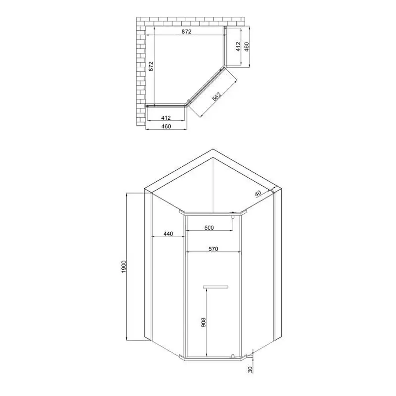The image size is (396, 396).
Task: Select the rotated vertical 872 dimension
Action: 151,66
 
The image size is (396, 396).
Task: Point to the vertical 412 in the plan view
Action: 238,46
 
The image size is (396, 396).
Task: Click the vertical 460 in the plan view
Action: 247,46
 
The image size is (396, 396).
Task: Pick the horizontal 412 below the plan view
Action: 166,117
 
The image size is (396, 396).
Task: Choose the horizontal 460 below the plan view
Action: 166,126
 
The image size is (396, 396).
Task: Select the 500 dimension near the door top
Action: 209,227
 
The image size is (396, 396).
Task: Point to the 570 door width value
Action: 213,249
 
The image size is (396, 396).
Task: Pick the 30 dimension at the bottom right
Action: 250,370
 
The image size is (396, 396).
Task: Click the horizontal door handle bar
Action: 216,287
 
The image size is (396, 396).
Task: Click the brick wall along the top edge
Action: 189,21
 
